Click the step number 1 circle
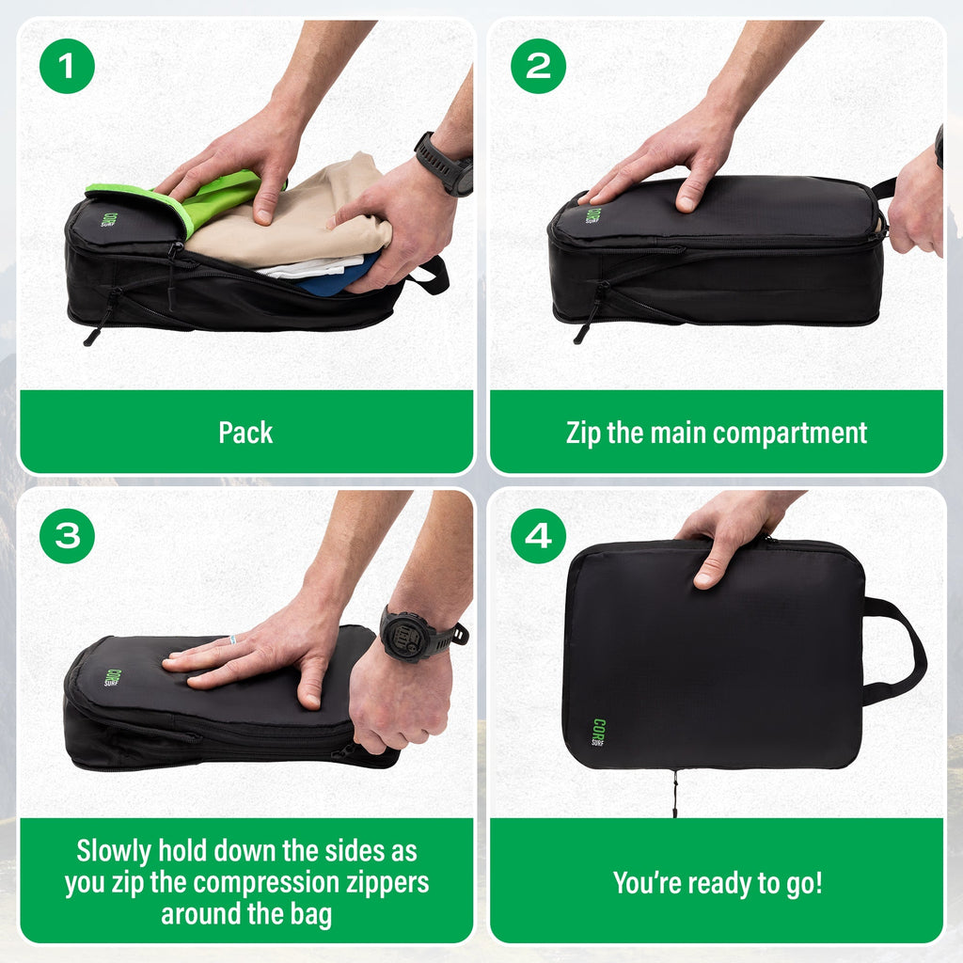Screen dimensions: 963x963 pyautogui.click(x=67, y=66)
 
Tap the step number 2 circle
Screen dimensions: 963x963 pyautogui.click(x=539, y=66)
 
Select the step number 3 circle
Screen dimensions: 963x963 pyautogui.click(x=67, y=536)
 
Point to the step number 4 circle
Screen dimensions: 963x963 pyautogui.click(x=539, y=536)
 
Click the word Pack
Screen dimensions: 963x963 pyautogui.click(x=245, y=433)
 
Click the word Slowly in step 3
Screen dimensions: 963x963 pyautogui.click(x=112, y=851)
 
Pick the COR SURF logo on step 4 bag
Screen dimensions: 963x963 pyautogui.click(x=599, y=732)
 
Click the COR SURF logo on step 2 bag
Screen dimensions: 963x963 pyautogui.click(x=592, y=214)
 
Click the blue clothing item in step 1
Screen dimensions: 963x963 pyautogui.click(x=334, y=280)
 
